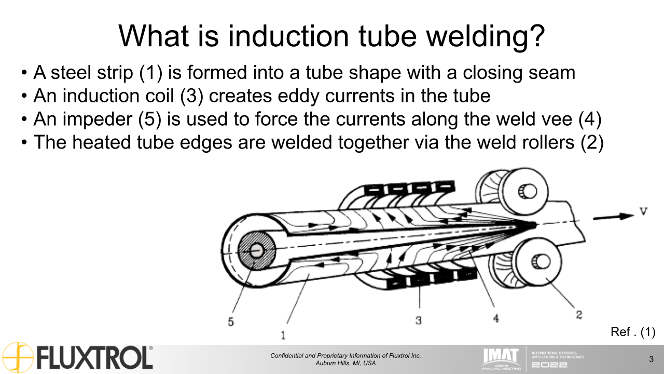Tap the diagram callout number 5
click(x=231, y=322)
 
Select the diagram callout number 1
click(x=283, y=334)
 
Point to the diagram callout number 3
click(x=419, y=320)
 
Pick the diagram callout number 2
click(x=579, y=314)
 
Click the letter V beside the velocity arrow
click(x=643, y=211)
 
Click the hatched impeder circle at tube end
click(x=256, y=250)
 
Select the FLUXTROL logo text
click(x=94, y=358)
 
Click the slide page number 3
click(x=651, y=359)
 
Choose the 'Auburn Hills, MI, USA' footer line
click(x=345, y=363)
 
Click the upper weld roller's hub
click(x=529, y=192)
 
